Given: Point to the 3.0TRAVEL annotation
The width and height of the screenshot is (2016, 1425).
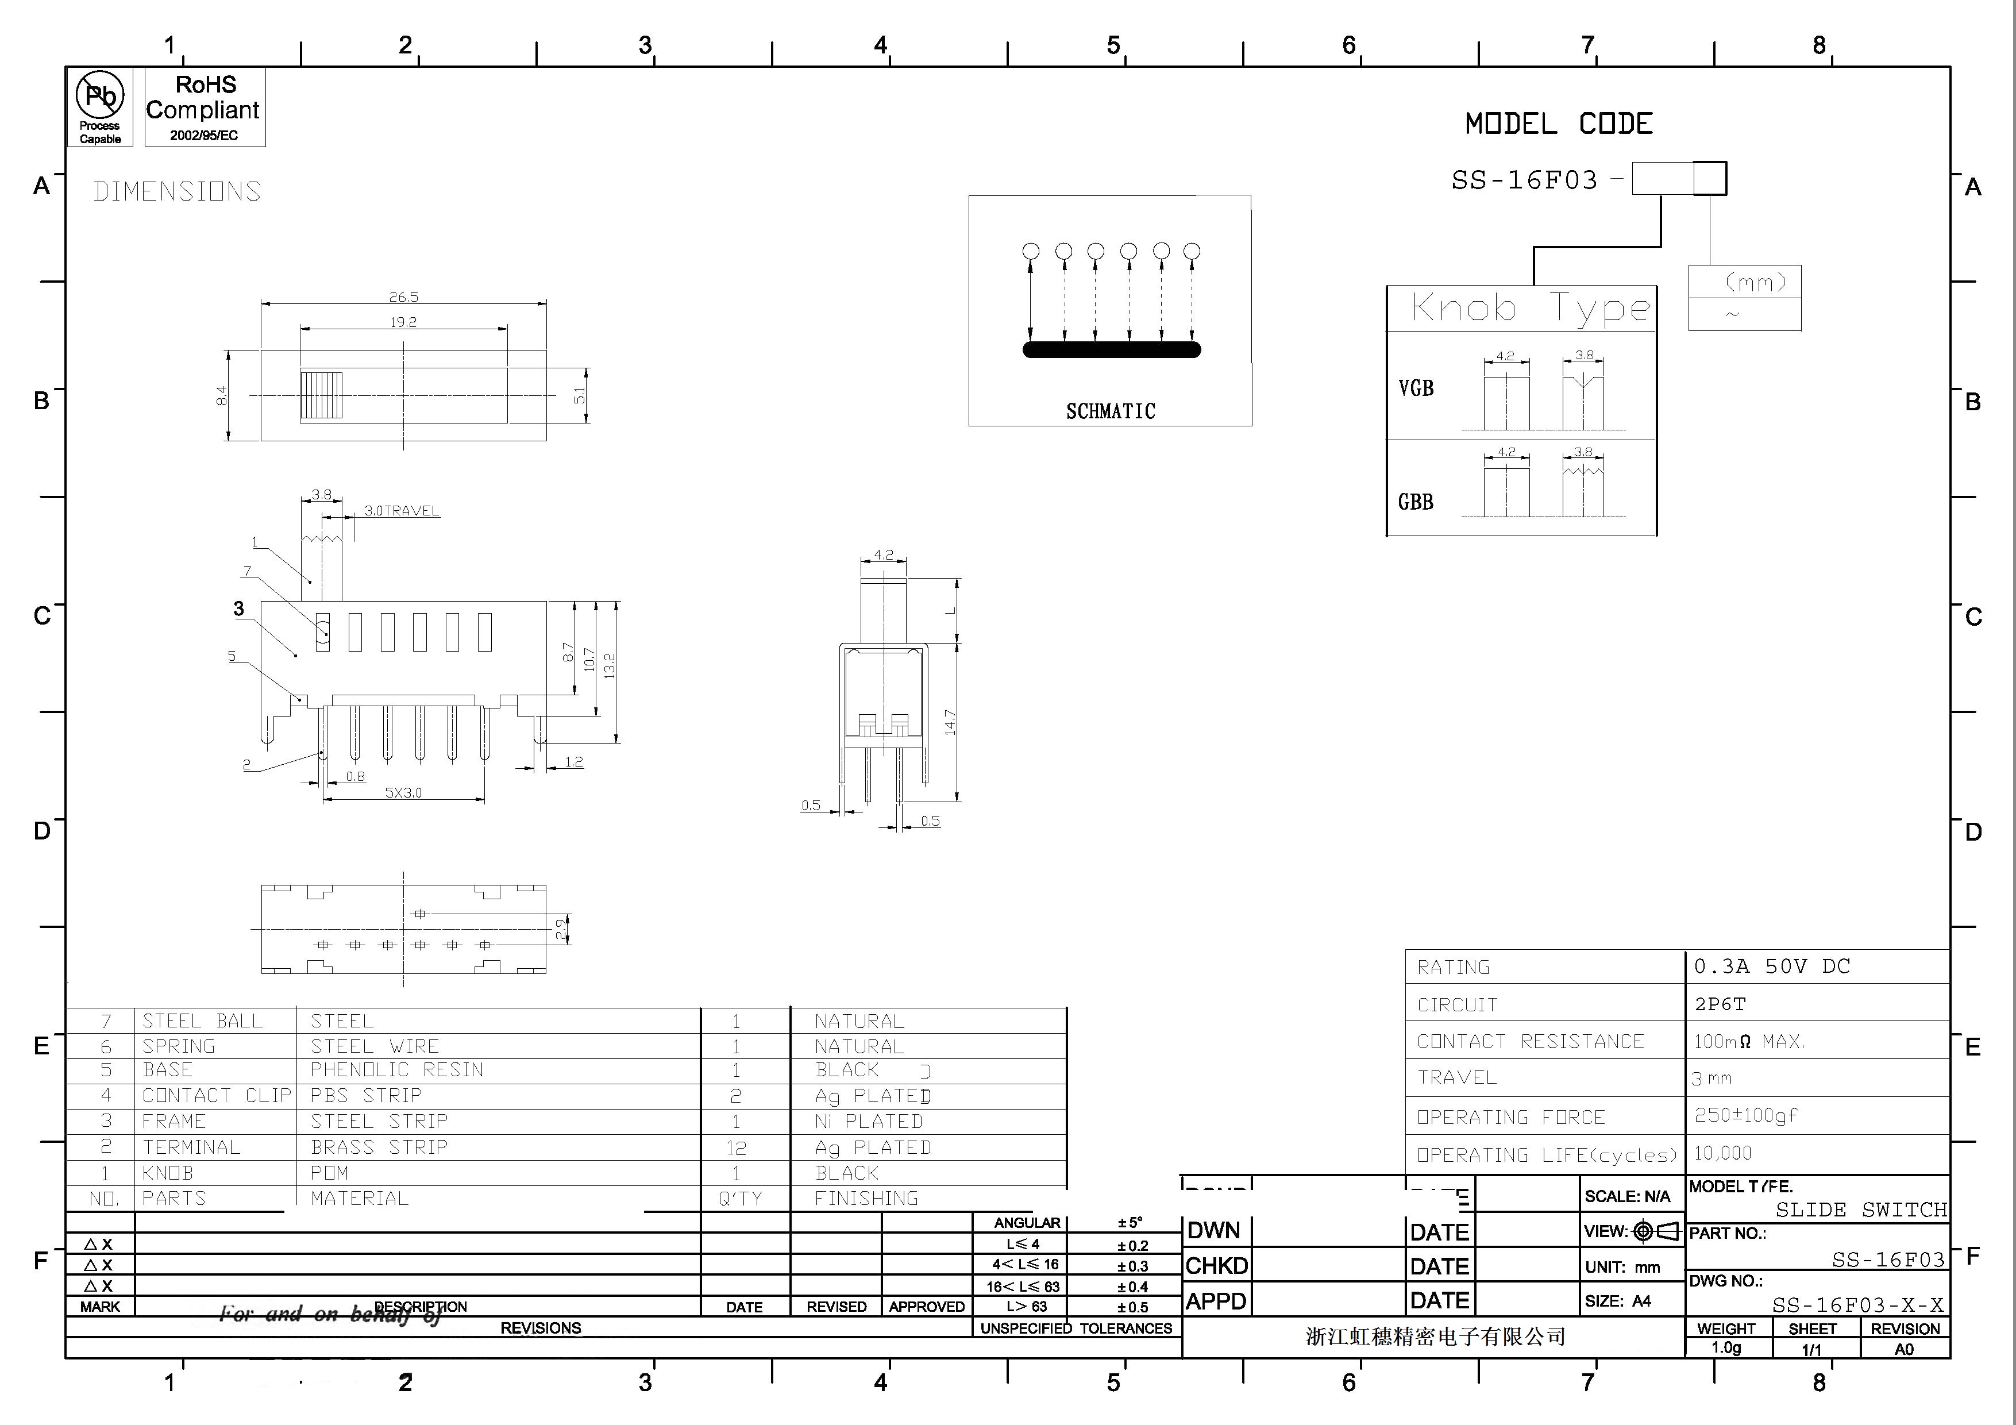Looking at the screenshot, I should [401, 511].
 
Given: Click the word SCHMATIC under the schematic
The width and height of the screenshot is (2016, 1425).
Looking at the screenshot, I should [1110, 411].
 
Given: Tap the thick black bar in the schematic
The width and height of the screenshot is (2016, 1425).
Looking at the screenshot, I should [1111, 349].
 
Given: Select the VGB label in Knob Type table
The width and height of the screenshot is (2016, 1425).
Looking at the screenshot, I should [1416, 388].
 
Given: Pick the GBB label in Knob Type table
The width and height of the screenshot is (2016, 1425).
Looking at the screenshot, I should [1416, 502].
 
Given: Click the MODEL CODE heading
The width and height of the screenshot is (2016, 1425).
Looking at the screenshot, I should [1559, 124].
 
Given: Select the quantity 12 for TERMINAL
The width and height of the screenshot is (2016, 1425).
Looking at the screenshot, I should [736, 1147].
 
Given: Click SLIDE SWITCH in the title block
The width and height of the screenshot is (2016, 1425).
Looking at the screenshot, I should [1860, 1210].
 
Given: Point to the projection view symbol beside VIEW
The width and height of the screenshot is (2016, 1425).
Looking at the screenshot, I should [1655, 1231].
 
